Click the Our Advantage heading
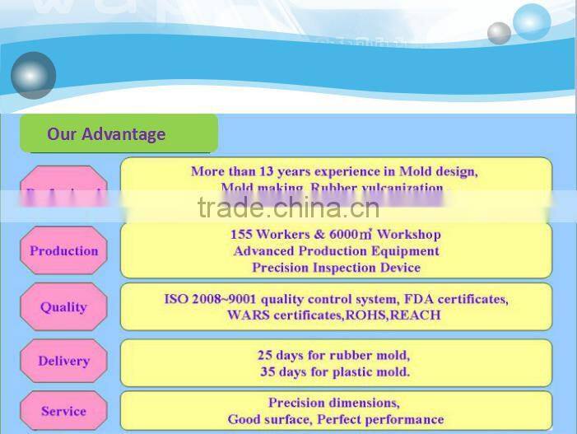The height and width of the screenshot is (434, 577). [x=106, y=134]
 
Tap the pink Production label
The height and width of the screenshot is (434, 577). [x=63, y=250]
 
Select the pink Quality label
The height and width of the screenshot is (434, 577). [x=63, y=306]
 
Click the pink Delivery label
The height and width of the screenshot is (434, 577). [x=63, y=361]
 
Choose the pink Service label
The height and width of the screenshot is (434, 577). [x=63, y=411]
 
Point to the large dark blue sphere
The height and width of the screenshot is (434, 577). [x=33, y=75]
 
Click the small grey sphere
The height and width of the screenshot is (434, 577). [x=499, y=33]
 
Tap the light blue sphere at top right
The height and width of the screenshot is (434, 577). [x=531, y=21]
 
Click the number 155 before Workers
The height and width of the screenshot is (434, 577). [x=242, y=234]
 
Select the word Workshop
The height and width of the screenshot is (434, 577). [x=409, y=234]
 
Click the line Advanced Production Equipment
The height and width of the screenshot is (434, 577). [x=336, y=250]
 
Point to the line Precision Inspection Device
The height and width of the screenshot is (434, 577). [x=336, y=268]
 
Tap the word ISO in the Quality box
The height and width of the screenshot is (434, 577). [x=176, y=299]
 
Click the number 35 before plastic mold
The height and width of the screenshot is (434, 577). [x=268, y=371]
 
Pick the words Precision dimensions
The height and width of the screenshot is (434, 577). [x=334, y=403]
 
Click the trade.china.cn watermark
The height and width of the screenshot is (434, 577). [x=288, y=208]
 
